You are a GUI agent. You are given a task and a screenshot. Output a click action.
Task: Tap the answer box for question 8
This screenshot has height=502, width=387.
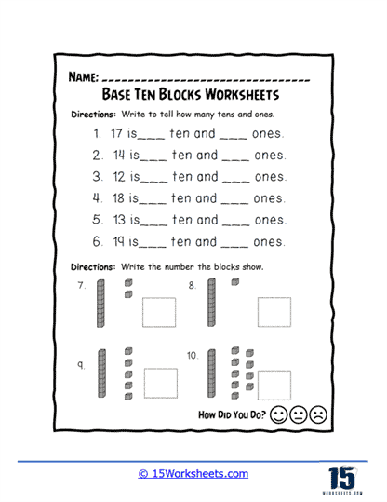[274, 313]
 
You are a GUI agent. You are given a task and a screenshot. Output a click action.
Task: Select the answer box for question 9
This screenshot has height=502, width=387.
[161, 382]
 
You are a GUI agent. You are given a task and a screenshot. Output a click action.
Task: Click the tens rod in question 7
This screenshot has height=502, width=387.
[101, 305]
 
